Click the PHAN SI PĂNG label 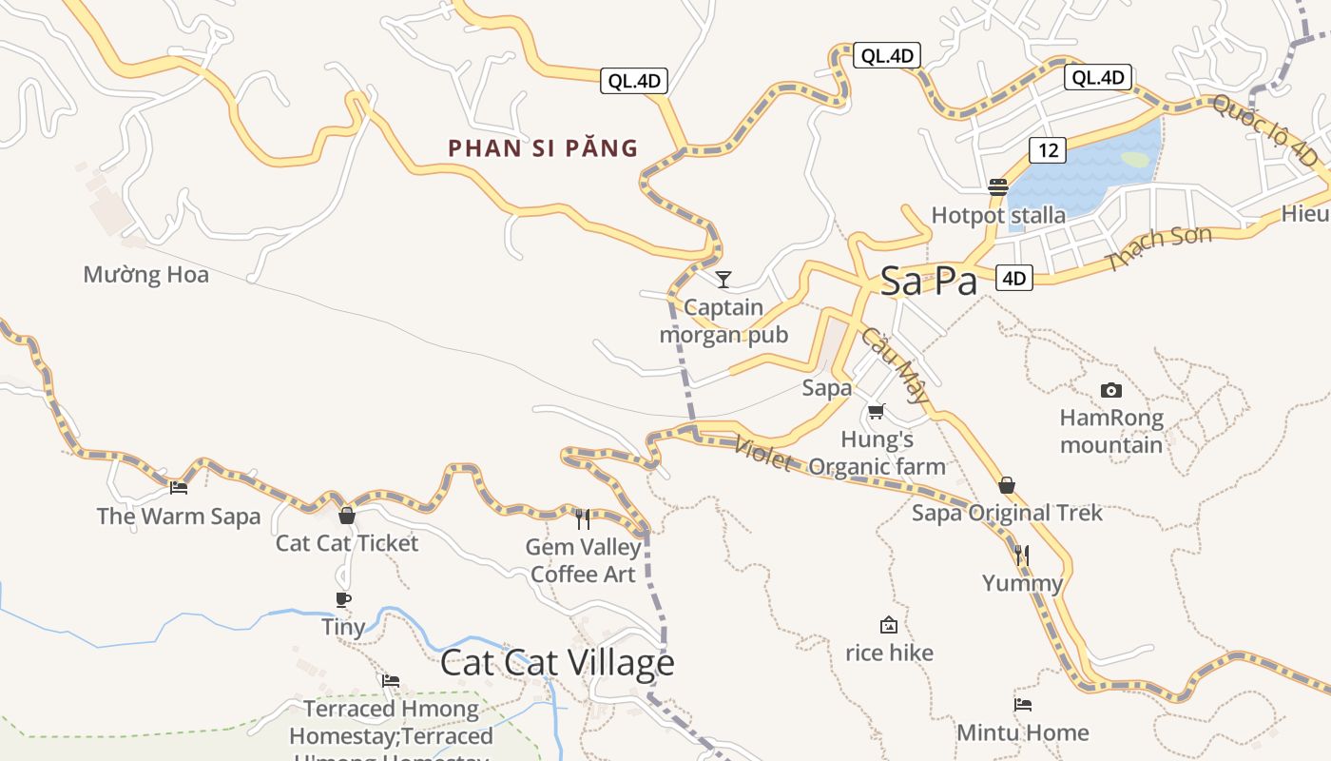543,148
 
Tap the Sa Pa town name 928,282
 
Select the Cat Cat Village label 557,663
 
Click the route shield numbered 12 1047,149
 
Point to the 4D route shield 1014,278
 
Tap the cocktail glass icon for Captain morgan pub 723,279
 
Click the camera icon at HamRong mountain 1110,390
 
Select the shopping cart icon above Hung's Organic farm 876,412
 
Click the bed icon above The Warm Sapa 178,488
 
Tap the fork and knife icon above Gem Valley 583,518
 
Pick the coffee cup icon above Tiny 343,599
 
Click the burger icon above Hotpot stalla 997,186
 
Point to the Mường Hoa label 145,275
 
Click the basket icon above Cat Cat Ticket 347,516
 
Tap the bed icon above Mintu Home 1023,705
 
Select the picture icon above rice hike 889,625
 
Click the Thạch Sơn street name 1160,247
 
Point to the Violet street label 763,453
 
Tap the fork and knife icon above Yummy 1022,555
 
